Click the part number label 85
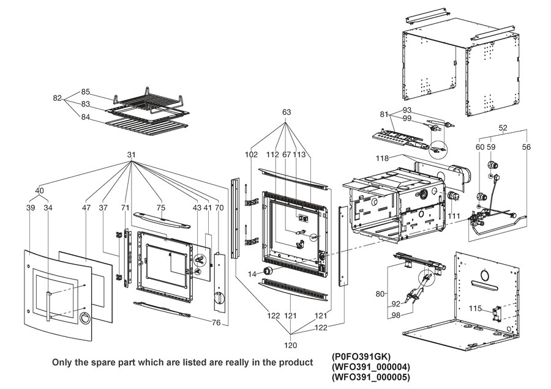point(85,92)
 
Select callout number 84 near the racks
point(85,117)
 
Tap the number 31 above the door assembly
point(131,154)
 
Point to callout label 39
point(31,209)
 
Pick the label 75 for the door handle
point(161,209)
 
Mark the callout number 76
point(216,323)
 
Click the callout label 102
point(252,155)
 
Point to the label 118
point(382,158)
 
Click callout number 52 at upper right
point(503,128)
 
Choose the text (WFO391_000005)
point(370,377)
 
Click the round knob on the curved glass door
point(84,317)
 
